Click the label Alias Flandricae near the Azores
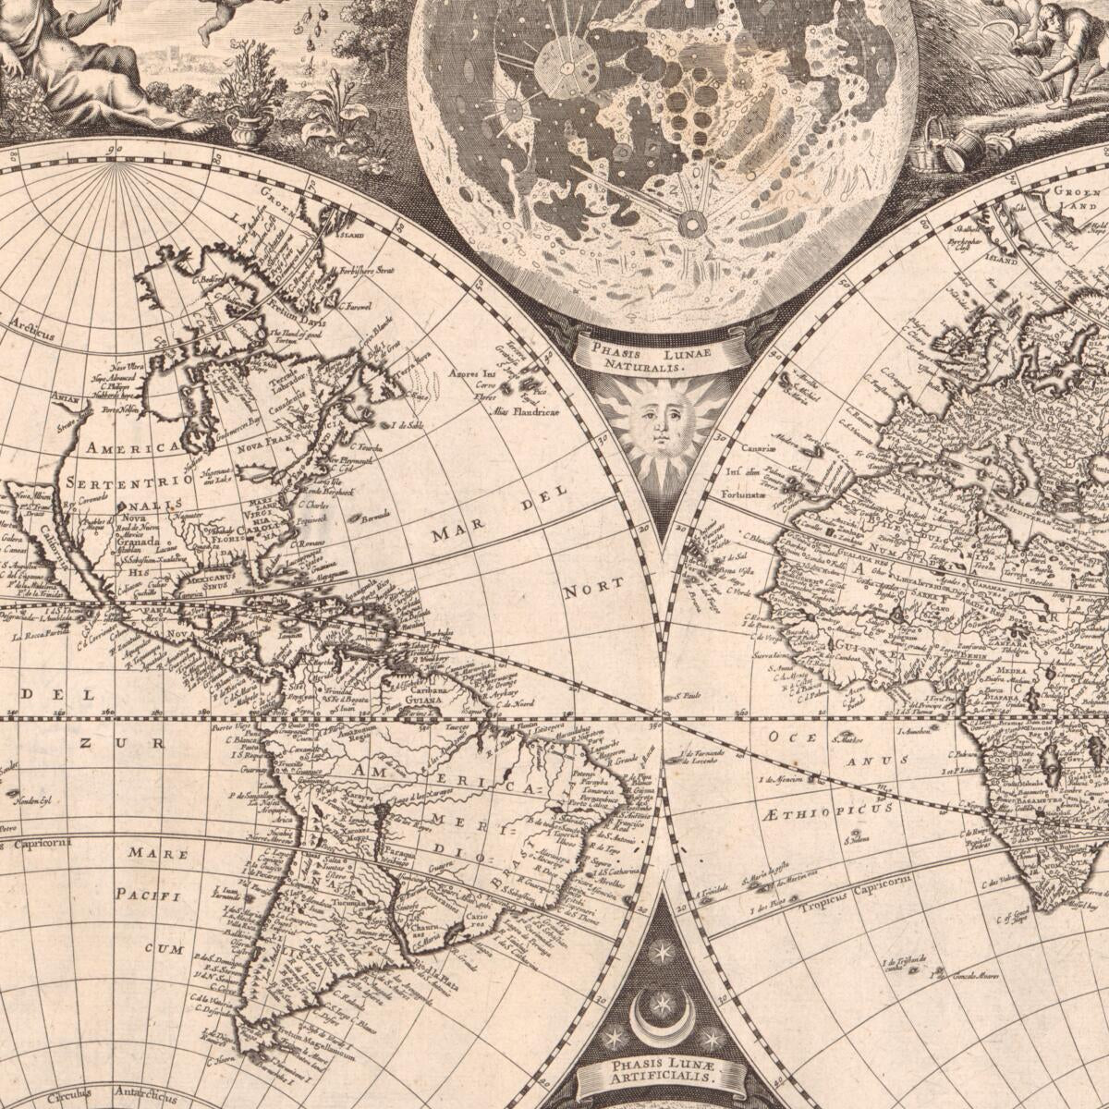point(524,410)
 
